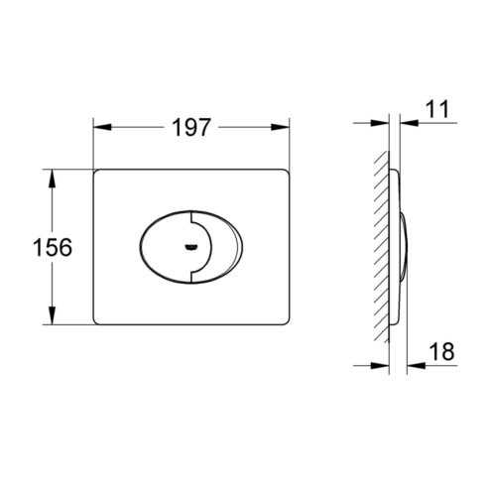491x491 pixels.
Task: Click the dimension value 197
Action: tap(191, 127)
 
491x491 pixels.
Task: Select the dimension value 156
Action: tap(53, 247)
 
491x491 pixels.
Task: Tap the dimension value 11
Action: tap(437, 109)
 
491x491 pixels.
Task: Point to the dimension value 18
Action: tap(441, 351)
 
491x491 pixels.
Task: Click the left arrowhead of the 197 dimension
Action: tap(102, 127)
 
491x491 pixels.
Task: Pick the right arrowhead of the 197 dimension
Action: tap(281, 127)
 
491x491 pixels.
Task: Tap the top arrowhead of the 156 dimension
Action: tap(52, 179)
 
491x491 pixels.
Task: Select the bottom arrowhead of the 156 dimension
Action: tap(52, 315)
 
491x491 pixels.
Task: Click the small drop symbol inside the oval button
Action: tap(191, 247)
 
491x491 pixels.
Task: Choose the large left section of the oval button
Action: tap(166, 247)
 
